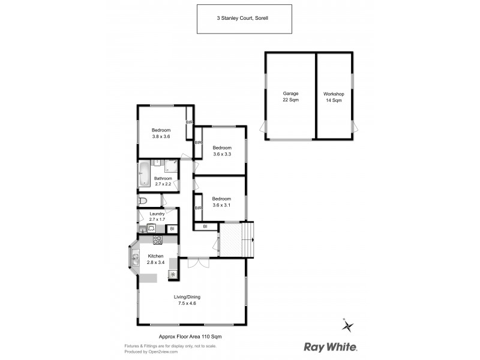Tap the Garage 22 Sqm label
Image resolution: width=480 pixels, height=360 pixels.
coord(291,97)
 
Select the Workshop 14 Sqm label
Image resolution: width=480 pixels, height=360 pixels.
coord(334,97)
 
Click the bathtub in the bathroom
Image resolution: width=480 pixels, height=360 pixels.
coord(144,174)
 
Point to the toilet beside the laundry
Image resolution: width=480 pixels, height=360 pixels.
coord(142,200)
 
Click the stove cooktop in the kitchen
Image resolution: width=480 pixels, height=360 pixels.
coord(158,240)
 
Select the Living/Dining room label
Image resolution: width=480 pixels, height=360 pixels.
coord(187,300)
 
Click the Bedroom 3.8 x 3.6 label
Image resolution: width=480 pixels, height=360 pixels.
coord(161,134)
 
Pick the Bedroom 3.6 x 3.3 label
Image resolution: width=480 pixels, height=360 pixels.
coord(222,151)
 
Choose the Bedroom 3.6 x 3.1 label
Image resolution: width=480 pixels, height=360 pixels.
coord(221,202)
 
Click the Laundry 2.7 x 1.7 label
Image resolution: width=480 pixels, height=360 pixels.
coord(157,216)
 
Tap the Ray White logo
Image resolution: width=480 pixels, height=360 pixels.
coord(331,346)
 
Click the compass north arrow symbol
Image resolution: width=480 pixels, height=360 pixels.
coord(348,326)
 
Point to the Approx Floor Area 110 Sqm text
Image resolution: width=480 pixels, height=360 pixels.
coord(185,337)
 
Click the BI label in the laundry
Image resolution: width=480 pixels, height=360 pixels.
coord(172,229)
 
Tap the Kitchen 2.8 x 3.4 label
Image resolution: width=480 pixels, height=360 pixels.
coord(156,259)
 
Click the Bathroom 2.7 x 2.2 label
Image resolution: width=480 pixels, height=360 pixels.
coord(163,181)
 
